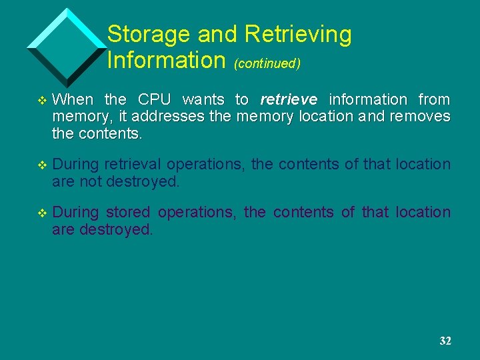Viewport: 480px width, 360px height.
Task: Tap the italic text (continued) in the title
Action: [x=267, y=63]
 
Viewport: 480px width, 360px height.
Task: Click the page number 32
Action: [x=445, y=341]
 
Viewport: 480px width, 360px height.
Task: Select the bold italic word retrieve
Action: [x=288, y=100]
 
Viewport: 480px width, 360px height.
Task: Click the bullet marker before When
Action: [x=43, y=101]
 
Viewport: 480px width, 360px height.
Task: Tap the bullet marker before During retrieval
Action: [x=43, y=165]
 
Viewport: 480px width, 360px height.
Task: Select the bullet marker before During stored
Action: [x=43, y=213]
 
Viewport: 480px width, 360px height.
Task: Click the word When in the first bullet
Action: [x=73, y=100]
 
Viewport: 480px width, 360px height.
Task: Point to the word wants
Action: [x=203, y=100]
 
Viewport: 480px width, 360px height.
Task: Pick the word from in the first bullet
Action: [x=434, y=100]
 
